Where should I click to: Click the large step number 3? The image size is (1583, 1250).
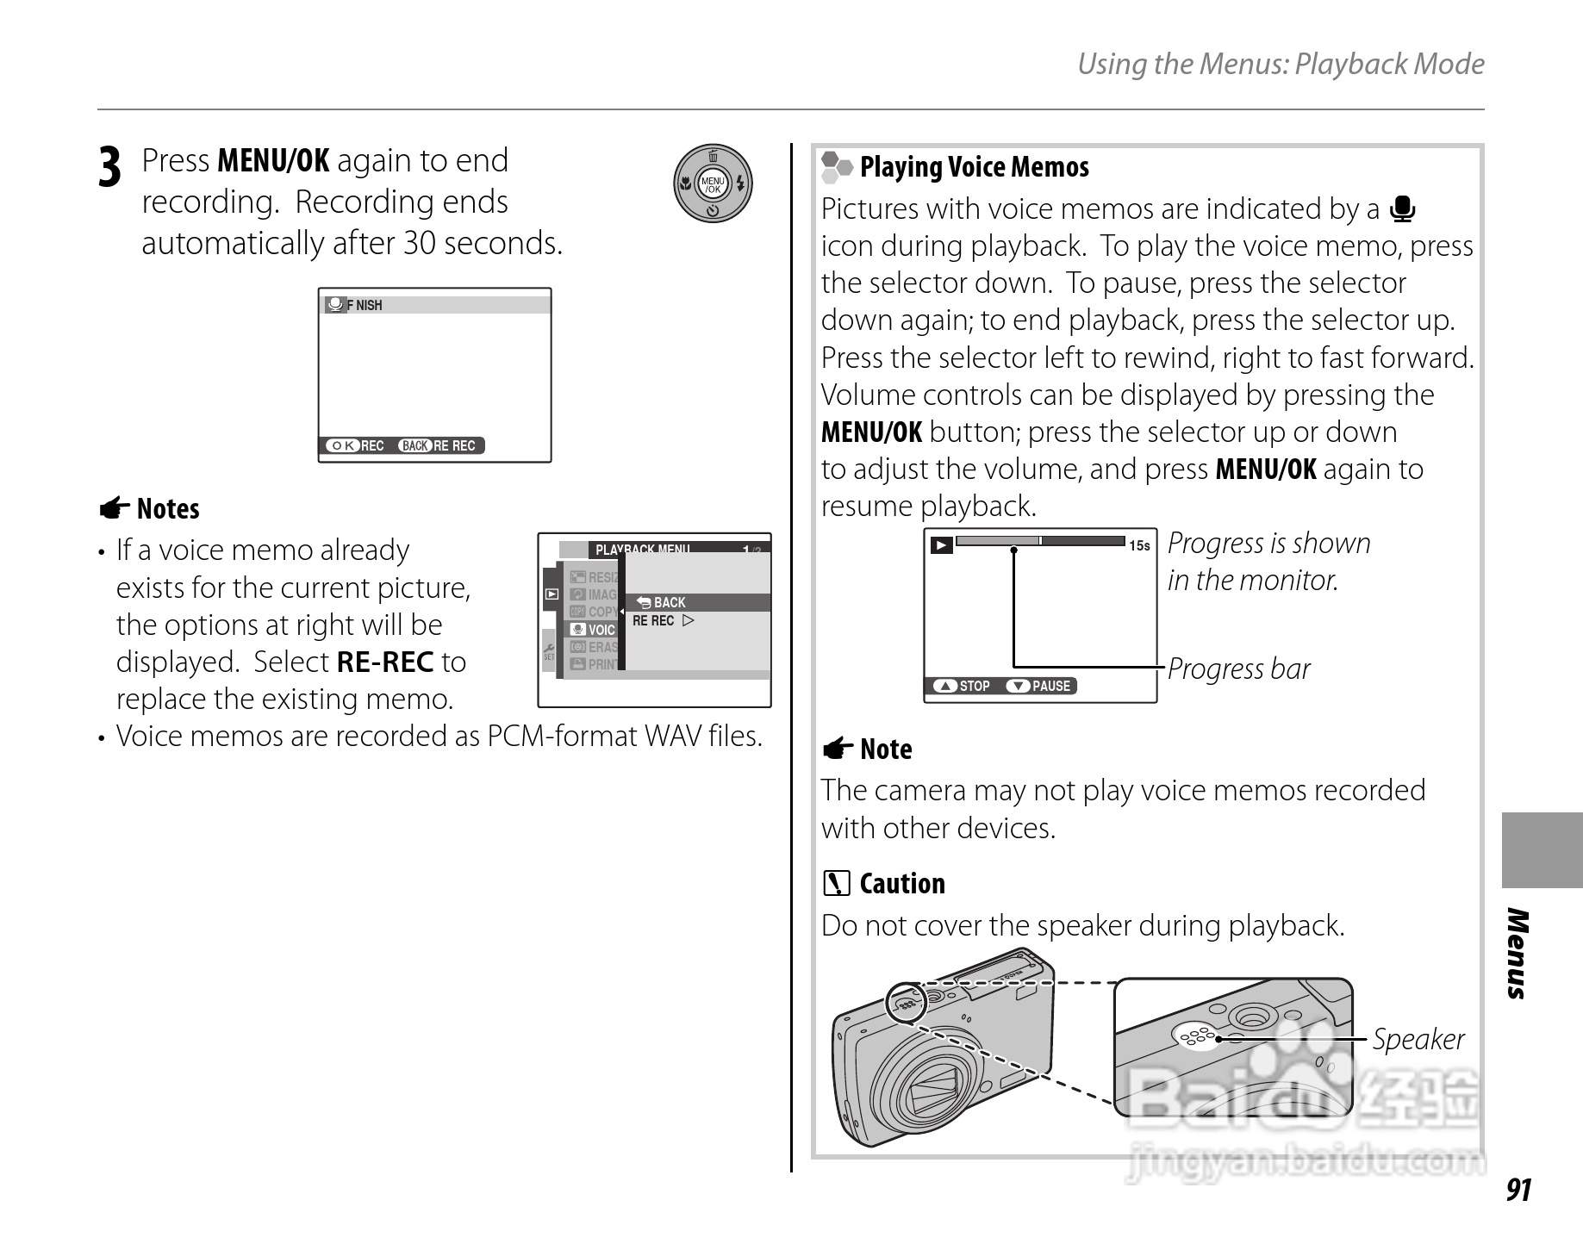pyautogui.click(x=109, y=168)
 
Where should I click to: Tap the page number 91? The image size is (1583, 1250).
pyautogui.click(x=1518, y=1190)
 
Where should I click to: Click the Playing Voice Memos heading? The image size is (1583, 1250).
pyautogui.click(x=974, y=167)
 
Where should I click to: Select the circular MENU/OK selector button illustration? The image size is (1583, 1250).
pyautogui.click(x=713, y=183)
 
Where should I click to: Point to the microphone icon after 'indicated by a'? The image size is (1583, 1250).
pyautogui.click(x=1403, y=209)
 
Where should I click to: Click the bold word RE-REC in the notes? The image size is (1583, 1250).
pyautogui.click(x=384, y=662)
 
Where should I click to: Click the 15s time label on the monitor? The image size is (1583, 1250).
pyautogui.click(x=1138, y=545)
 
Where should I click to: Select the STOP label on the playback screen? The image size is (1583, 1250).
pyautogui.click(x=974, y=686)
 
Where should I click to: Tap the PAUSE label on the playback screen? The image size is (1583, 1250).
pyautogui.click(x=1050, y=686)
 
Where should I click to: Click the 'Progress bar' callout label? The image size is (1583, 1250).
pyautogui.click(x=1238, y=669)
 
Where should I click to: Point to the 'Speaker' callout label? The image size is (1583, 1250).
pyautogui.click(x=1418, y=1039)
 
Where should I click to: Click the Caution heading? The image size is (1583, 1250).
pyautogui.click(x=901, y=884)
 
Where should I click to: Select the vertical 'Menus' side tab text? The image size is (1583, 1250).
pyautogui.click(x=1518, y=953)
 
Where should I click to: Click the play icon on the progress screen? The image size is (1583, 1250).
pyautogui.click(x=941, y=544)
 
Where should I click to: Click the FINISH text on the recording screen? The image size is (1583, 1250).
pyautogui.click(x=365, y=305)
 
